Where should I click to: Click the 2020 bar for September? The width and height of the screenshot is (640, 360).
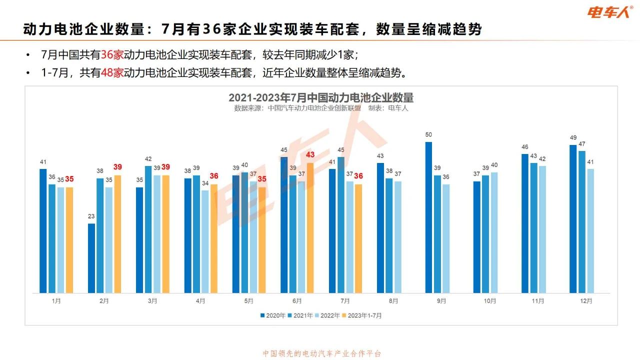pos(428,217)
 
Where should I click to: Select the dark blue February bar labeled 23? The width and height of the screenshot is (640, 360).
pos(91,258)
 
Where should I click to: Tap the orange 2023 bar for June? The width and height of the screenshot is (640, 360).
pos(309,228)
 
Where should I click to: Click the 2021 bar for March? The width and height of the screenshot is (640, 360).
pos(148,229)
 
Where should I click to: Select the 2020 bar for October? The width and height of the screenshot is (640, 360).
pos(476,237)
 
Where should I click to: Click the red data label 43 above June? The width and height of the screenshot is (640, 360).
pos(310,155)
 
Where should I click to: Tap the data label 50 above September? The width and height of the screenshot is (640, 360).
pos(428,134)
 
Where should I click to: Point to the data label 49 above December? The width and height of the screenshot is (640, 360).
pos(573,137)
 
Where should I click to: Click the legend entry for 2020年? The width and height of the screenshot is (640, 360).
pos(272,315)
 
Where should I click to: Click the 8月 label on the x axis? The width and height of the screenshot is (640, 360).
pos(393,301)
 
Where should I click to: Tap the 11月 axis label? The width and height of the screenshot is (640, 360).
pos(538,301)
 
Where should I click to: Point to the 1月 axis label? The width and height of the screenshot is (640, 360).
pos(56,301)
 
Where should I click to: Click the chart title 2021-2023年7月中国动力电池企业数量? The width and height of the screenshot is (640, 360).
pos(321,97)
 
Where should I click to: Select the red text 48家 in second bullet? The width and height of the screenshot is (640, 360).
pos(112,73)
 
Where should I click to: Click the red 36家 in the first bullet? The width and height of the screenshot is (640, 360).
pos(112,54)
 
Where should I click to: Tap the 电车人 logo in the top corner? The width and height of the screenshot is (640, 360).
pos(610,11)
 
